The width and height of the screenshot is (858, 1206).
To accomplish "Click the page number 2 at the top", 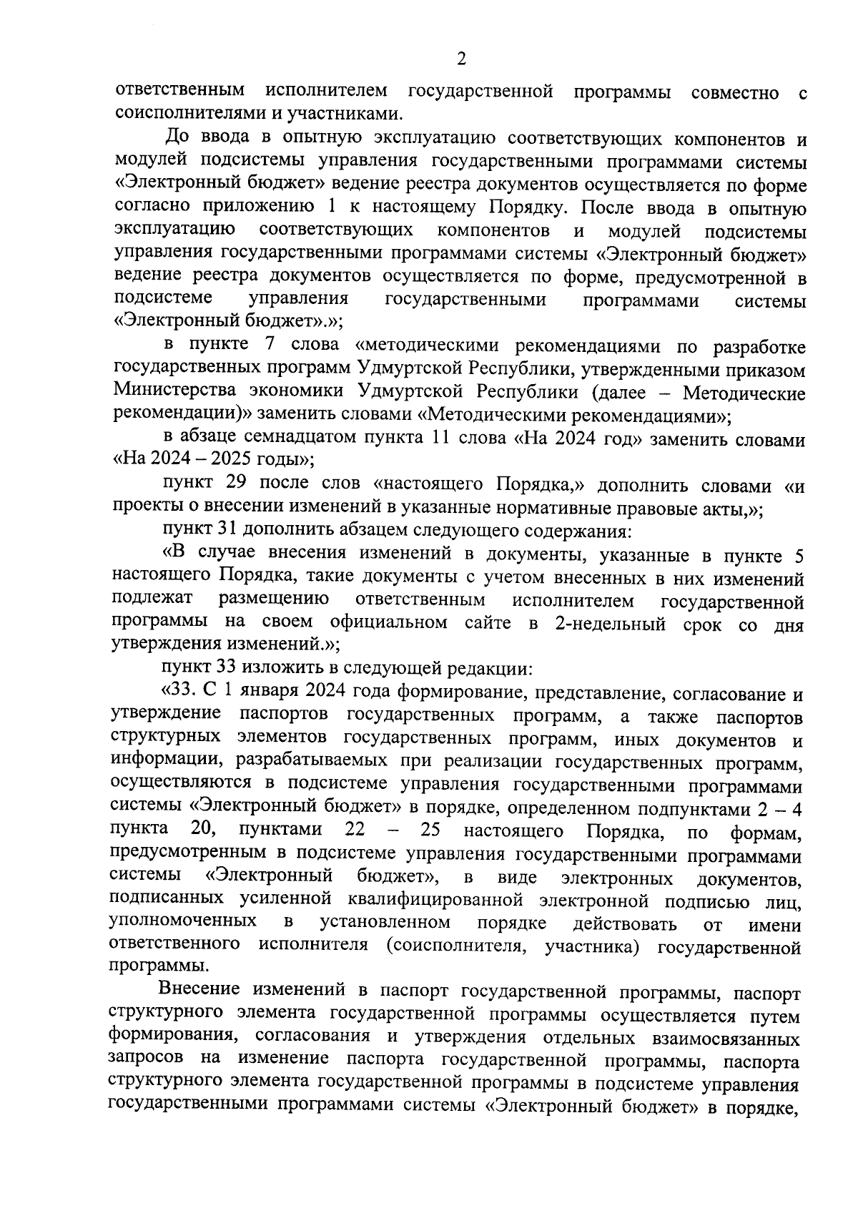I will coord(460,59).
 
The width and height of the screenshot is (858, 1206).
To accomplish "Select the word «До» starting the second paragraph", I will coord(176,137).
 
